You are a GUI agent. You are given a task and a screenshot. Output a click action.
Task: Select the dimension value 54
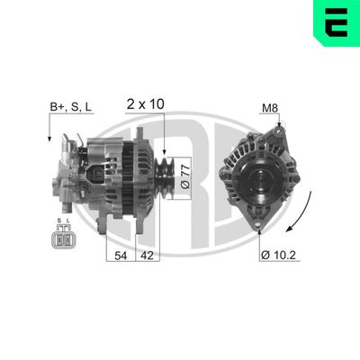(x=120, y=256)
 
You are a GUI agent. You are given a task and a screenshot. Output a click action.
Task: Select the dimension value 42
(x=147, y=256)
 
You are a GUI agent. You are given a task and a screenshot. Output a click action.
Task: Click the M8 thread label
(x=268, y=108)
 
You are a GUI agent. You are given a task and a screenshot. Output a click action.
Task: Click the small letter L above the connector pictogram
(x=68, y=221)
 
